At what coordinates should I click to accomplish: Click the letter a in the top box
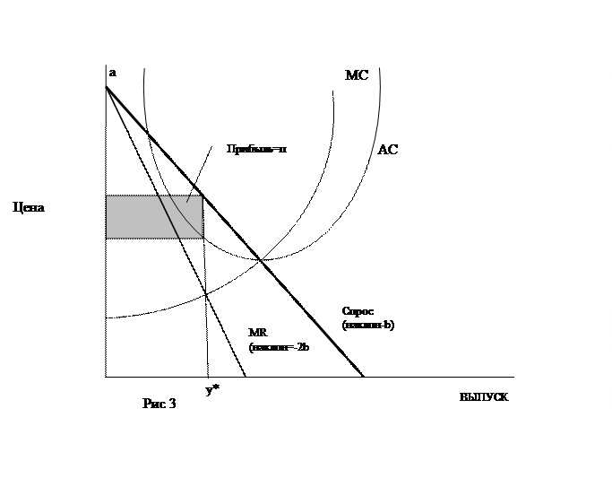pyautogui.click(x=112, y=72)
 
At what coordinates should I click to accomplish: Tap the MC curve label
pyautogui.click(x=357, y=76)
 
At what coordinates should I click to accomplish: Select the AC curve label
pyautogui.click(x=388, y=150)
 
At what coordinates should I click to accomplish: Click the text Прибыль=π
pyautogui.click(x=256, y=149)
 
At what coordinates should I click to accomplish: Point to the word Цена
pyautogui.click(x=30, y=207)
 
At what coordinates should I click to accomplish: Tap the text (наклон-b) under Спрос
pyautogui.click(x=368, y=325)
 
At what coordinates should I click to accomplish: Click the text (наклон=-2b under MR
pyautogui.click(x=279, y=347)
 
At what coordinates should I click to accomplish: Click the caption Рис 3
pyautogui.click(x=159, y=404)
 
